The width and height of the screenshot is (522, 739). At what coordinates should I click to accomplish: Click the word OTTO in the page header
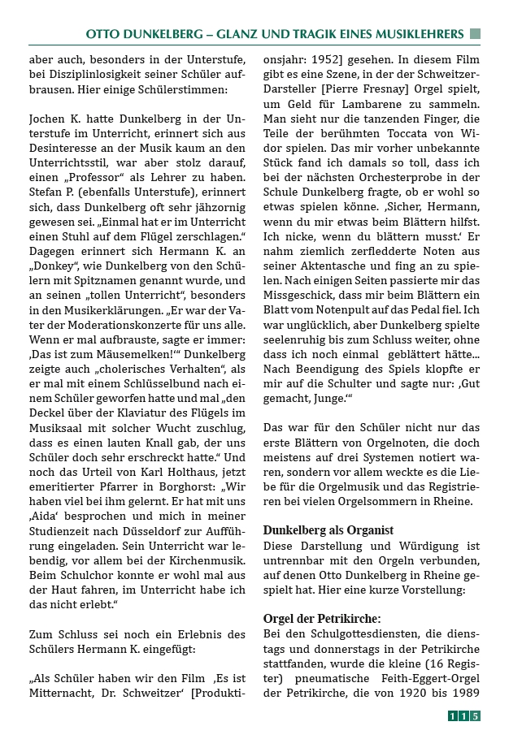click(x=105, y=34)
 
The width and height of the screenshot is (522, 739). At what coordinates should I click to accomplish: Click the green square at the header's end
click(x=476, y=34)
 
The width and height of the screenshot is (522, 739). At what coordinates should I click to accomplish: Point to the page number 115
click(x=463, y=715)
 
